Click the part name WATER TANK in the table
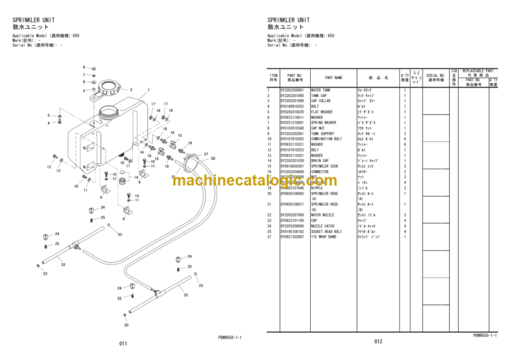(x=321, y=89)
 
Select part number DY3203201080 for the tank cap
(x=292, y=95)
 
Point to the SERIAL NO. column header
(x=436, y=77)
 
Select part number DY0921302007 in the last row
(x=292, y=236)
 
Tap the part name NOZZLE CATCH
(x=323, y=226)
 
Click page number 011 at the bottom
(x=124, y=343)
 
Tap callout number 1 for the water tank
(x=147, y=90)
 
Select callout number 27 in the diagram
(x=206, y=154)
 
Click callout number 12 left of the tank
(x=49, y=167)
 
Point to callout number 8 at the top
(x=84, y=67)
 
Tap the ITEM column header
(x=273, y=77)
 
